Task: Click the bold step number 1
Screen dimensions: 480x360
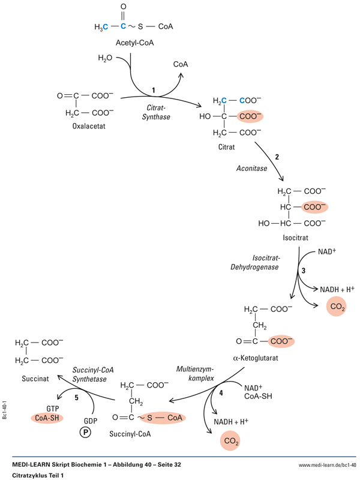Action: coord(154,91)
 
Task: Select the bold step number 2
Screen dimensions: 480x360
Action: coord(277,157)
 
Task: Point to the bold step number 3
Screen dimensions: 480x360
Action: coord(304,271)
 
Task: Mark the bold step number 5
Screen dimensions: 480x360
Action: coord(76,397)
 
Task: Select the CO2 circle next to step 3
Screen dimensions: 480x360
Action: coord(335,307)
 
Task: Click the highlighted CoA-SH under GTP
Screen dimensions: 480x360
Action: coord(47,418)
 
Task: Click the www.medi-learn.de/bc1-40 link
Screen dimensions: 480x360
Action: coord(327,465)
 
